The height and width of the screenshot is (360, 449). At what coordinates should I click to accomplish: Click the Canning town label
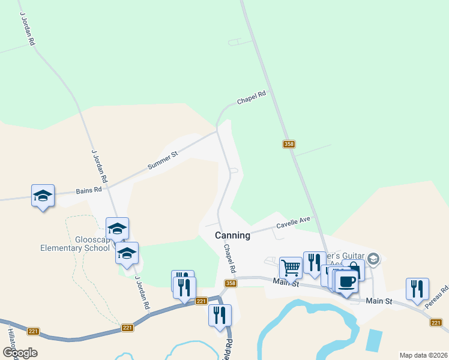232,236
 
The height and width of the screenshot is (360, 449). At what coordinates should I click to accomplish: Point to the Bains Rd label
89,191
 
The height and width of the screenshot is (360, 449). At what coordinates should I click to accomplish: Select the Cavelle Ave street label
293,223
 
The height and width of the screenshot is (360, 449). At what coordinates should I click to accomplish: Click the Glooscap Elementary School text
75,242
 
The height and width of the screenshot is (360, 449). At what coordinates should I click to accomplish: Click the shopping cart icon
291,266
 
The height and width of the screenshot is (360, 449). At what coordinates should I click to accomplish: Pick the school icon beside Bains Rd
43,196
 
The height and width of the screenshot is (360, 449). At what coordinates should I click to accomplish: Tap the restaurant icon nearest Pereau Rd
417,289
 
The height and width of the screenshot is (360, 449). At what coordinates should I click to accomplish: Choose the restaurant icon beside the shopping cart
314,262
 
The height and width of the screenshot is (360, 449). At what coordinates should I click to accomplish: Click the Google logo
20,352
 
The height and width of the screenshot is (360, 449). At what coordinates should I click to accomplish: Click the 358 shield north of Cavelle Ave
289,144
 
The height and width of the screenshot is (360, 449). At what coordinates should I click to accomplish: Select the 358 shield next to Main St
231,283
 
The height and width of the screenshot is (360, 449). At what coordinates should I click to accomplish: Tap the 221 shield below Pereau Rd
436,323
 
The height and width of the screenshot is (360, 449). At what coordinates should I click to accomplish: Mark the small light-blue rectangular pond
373,340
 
